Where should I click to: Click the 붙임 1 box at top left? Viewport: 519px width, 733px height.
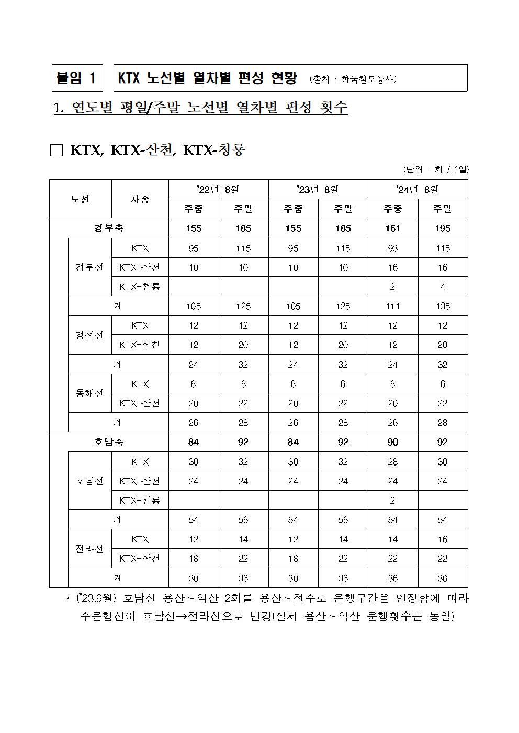click(77, 78)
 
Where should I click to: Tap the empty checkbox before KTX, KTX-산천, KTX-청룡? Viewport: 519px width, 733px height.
click(56, 150)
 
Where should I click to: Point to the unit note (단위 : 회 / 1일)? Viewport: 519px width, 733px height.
click(436, 169)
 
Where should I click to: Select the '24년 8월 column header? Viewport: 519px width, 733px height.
click(418, 189)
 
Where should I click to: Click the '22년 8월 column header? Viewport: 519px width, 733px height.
click(218, 189)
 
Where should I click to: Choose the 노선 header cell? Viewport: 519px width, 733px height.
click(80, 199)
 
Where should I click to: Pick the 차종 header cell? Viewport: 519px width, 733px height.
click(140, 199)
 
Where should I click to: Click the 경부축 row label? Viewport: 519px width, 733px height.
click(109, 228)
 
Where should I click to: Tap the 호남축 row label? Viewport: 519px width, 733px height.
click(109, 442)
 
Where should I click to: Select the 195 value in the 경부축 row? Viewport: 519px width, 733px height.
click(443, 228)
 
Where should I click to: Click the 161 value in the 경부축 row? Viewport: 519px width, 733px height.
click(393, 228)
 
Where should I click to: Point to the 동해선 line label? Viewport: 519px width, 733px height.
click(89, 393)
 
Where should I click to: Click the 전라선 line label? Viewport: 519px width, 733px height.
click(89, 549)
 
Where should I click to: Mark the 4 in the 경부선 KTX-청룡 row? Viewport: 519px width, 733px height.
click(443, 287)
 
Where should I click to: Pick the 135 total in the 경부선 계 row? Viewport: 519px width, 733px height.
click(443, 306)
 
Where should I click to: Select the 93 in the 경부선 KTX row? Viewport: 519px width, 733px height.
click(393, 248)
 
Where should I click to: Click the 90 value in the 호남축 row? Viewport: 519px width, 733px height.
click(393, 442)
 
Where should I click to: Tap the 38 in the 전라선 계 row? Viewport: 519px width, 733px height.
click(443, 578)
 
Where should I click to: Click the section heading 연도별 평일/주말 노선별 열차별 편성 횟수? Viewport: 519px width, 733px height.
click(200, 108)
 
